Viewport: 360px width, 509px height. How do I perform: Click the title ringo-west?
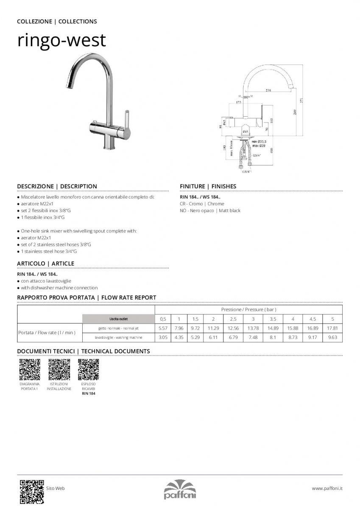pyautogui.click(x=61, y=40)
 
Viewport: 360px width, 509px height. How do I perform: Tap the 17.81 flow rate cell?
pyautogui.click(x=332, y=328)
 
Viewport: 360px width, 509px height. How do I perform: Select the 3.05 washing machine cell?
pyautogui.click(x=163, y=338)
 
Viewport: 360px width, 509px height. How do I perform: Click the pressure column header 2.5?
pyautogui.click(x=233, y=319)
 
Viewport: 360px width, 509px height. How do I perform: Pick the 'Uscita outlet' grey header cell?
pyautogui.click(x=118, y=319)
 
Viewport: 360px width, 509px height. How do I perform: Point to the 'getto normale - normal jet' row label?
pyautogui.click(x=118, y=328)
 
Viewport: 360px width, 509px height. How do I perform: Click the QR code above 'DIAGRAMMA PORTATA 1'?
pyautogui.click(x=30, y=369)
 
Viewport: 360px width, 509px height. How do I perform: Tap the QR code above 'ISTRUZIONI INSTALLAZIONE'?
pyautogui.click(x=59, y=369)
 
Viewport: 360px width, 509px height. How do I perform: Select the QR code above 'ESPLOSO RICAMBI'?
pyautogui.click(x=89, y=369)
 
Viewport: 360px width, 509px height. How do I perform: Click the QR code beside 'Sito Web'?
pyautogui.click(x=32, y=491)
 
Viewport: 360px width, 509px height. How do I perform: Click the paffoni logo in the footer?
pyautogui.click(x=180, y=489)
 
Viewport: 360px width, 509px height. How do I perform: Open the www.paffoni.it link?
pyautogui.click(x=327, y=489)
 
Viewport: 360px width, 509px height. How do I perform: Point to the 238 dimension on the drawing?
pyautogui.click(x=268, y=90)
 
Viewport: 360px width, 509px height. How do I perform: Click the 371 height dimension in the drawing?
pyautogui.click(x=302, y=100)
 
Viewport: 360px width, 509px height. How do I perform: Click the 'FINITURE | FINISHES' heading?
pyautogui.click(x=208, y=186)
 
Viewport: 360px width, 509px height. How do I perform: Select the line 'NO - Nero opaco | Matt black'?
pyautogui.click(x=210, y=211)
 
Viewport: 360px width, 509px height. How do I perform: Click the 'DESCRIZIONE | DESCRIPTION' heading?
pyautogui.click(x=57, y=186)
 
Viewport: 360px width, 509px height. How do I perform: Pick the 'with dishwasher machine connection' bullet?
pyautogui.click(x=59, y=288)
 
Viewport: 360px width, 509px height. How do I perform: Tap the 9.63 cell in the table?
pyautogui.click(x=332, y=338)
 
